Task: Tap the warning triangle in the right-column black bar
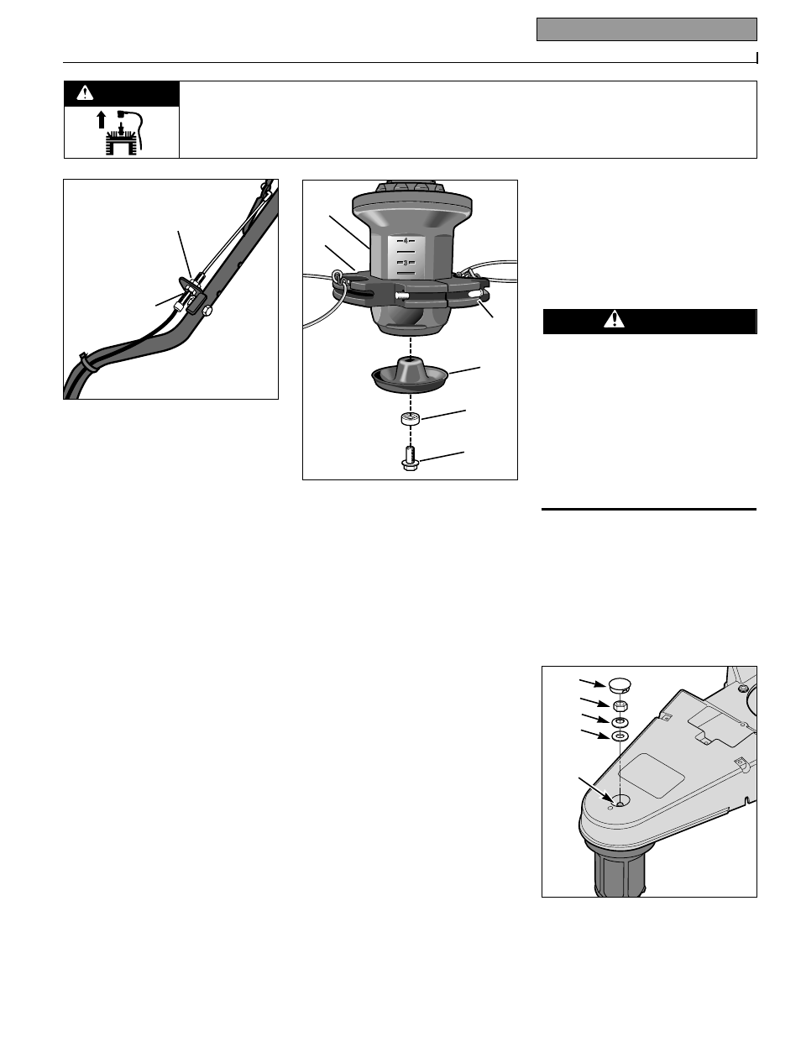(x=617, y=320)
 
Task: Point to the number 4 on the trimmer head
(x=406, y=241)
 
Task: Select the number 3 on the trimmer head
(x=406, y=264)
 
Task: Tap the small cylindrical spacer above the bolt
(x=410, y=418)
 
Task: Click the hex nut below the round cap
(x=619, y=705)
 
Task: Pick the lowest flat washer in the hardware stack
(x=619, y=736)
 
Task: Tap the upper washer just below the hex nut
(x=619, y=722)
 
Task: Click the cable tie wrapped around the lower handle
(x=86, y=363)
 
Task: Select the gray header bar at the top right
(x=647, y=30)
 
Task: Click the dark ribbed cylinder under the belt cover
(x=621, y=870)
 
